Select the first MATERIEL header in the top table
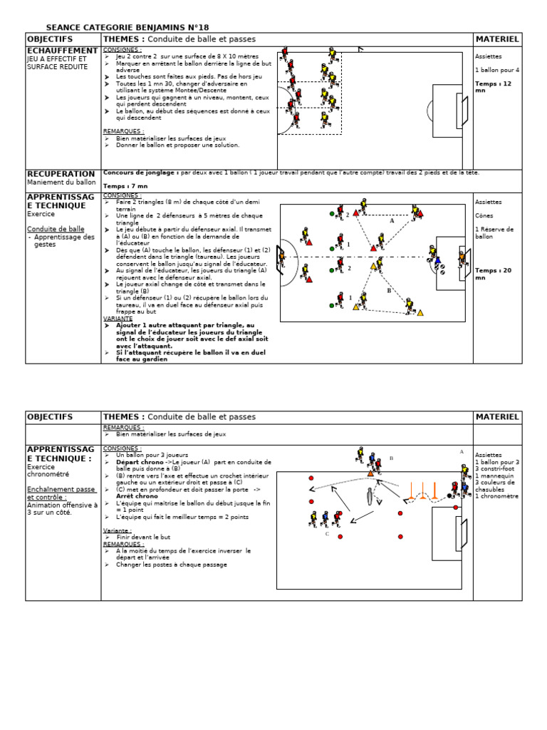pos(497,39)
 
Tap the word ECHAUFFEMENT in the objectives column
pos(62,51)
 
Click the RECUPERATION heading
pos(61,174)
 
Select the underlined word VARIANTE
pos(118,319)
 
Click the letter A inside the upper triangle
pos(391,221)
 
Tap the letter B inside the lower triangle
pos(389,291)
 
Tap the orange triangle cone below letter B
pos(370,473)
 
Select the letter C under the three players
pos(327,533)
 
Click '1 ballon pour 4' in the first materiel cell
pos(497,70)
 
